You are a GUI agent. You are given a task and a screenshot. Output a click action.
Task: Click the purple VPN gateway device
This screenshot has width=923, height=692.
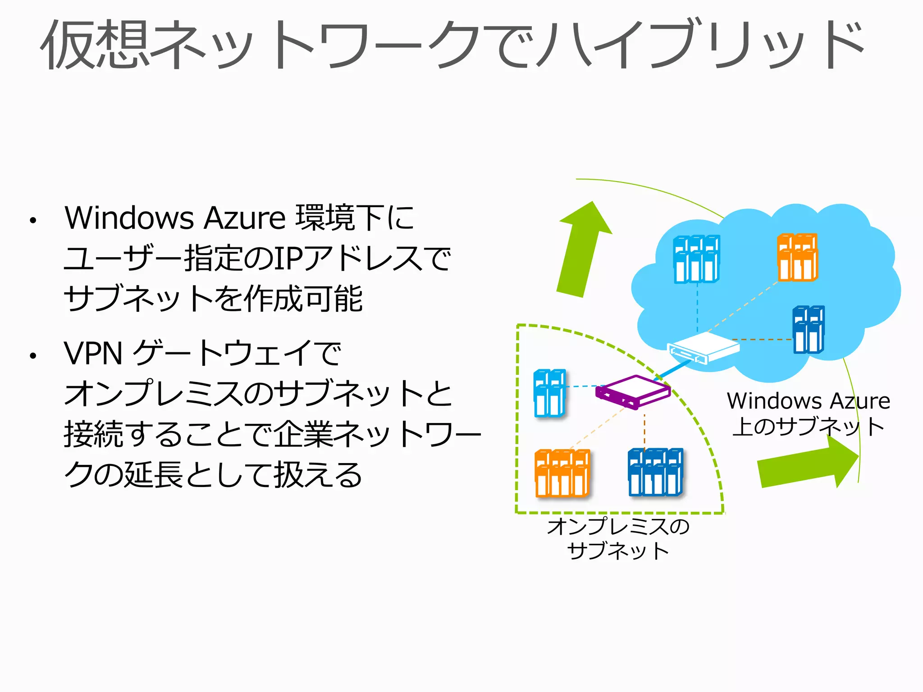click(633, 392)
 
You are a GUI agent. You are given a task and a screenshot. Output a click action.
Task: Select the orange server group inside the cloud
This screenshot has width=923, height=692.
click(797, 257)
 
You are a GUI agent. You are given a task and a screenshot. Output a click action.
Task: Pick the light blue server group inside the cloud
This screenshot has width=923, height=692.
click(696, 259)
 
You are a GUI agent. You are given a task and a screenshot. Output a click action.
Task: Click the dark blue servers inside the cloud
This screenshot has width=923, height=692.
click(809, 329)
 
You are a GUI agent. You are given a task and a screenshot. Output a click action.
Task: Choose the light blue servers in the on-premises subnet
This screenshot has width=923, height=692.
click(549, 393)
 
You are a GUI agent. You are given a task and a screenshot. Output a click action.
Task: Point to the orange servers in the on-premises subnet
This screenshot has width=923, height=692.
click(562, 473)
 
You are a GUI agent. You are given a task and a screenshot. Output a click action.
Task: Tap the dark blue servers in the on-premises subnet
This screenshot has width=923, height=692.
click(655, 472)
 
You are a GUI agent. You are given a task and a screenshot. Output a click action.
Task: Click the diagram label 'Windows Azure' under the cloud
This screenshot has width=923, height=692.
click(808, 401)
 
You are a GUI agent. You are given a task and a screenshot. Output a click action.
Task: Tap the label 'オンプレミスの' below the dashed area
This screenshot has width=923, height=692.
click(618, 526)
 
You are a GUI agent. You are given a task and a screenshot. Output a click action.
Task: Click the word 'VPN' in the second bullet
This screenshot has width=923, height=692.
click(93, 354)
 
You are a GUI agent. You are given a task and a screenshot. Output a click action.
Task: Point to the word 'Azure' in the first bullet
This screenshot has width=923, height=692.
click(245, 218)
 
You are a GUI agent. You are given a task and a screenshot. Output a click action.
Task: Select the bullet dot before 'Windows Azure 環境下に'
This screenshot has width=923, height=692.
click(32, 221)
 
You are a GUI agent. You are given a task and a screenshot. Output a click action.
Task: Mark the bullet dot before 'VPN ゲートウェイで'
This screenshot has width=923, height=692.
click(32, 356)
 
